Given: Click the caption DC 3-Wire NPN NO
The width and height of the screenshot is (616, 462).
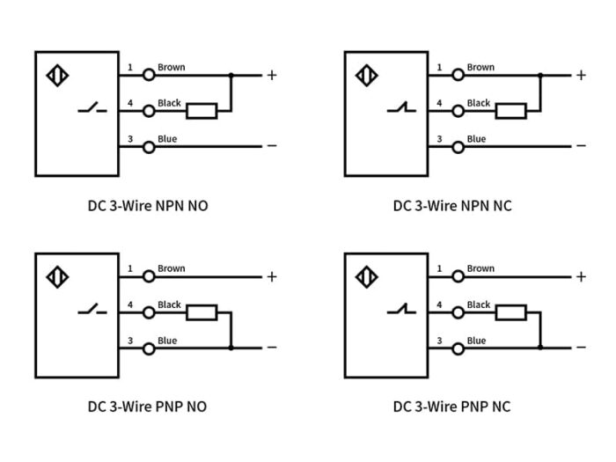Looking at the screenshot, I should tap(148, 206).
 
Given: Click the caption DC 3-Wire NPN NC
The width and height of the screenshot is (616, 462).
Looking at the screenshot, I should tap(451, 206).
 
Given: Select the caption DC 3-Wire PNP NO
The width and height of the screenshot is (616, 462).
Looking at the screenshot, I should tap(147, 407).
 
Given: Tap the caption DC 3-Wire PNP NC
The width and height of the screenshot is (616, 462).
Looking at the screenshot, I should tap(451, 407).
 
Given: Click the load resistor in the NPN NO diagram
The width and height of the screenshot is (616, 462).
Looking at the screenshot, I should tap(202, 111).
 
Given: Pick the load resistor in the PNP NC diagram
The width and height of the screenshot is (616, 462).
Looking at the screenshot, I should tap(511, 312).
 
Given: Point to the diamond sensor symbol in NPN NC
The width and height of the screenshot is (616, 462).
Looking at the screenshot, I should tap(366, 76).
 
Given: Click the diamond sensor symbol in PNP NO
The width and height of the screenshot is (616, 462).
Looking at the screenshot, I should tap(57, 277).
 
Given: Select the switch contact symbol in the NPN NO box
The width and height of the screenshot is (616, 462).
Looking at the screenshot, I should tap(92, 110).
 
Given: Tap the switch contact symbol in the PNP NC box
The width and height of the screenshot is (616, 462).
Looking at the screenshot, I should tap(401, 311).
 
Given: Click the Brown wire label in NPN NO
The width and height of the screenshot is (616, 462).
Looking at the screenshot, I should tap(172, 68).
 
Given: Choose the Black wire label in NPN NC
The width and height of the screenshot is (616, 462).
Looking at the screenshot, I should tap(479, 103).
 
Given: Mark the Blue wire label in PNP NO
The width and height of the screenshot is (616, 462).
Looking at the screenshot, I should tap(167, 341).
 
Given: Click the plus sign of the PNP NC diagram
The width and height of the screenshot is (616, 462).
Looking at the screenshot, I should tap(580, 276).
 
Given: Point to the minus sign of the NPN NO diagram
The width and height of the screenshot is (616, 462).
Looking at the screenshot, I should tap(272, 146).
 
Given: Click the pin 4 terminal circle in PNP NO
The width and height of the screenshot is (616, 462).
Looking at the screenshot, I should tap(149, 312).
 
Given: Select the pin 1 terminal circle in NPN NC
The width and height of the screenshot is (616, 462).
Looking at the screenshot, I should tap(458, 76).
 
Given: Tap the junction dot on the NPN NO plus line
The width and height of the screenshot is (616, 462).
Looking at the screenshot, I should tap(231, 76).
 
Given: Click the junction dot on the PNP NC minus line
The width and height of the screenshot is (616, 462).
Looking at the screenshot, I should tap(539, 348).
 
